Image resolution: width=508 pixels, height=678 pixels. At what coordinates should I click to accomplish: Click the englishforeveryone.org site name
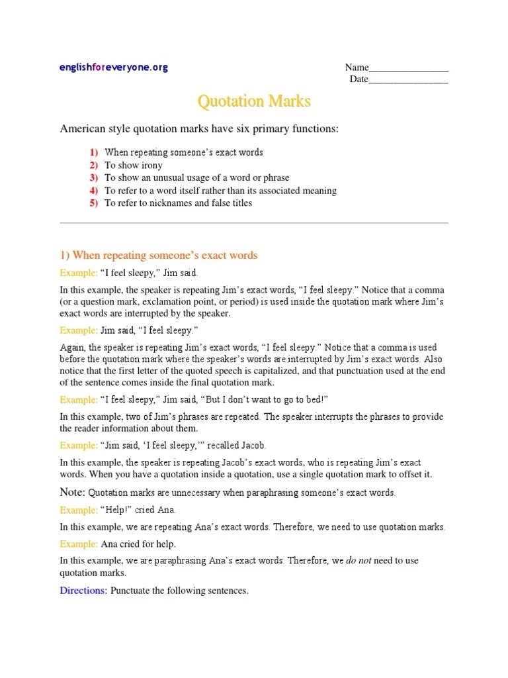114,68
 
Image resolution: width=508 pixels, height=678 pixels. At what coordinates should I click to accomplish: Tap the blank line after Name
409,70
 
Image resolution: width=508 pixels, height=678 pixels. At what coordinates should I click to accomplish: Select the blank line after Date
408,81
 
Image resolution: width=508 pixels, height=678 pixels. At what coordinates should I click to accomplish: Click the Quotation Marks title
254,101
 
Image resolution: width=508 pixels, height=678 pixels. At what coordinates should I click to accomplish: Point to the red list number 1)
93,152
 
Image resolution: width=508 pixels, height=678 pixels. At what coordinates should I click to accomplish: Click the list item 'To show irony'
133,165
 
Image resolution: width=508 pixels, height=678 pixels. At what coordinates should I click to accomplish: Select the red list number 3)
93,177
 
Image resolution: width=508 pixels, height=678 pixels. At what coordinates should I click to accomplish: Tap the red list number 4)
93,191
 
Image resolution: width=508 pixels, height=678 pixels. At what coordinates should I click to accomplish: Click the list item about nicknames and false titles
178,203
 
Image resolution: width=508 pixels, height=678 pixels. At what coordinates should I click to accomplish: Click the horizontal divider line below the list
254,223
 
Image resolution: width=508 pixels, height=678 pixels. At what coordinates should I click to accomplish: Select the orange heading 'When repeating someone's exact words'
165,256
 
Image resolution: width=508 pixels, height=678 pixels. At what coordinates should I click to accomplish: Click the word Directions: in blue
83,590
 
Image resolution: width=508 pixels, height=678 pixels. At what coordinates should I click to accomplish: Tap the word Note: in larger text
73,493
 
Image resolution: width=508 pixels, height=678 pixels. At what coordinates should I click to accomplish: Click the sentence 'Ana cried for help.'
138,544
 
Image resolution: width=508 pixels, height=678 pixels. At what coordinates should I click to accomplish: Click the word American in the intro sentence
83,128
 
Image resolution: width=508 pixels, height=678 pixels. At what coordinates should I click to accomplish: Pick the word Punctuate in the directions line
133,590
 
